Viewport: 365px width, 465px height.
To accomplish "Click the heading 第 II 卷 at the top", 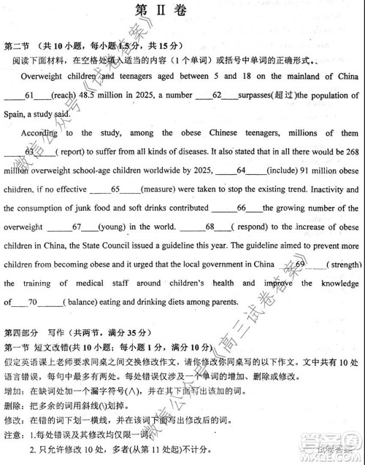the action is coord(182,10).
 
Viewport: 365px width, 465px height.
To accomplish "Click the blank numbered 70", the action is coord(32,302).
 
